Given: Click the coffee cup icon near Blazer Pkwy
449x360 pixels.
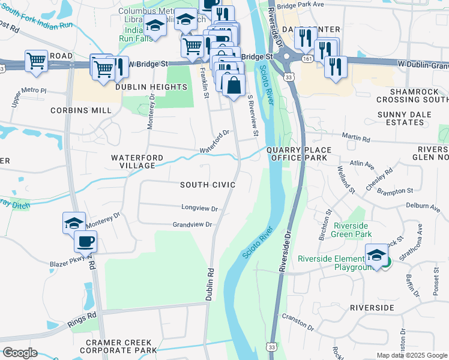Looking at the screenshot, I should [x=85, y=241].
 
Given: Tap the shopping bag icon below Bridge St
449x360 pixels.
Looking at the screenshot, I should [x=233, y=86].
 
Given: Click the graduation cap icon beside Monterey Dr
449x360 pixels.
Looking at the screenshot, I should [x=74, y=223].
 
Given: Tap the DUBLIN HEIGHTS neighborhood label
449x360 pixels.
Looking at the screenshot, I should [x=151, y=87].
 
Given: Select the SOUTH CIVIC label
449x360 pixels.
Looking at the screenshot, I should [x=208, y=185].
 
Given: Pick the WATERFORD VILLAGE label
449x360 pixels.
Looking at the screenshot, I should [x=137, y=161].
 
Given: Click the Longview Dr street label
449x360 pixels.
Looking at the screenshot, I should [x=200, y=208].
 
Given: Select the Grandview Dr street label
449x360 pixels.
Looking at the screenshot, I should [x=193, y=225].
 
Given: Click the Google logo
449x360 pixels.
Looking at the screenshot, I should [x=20, y=353].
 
